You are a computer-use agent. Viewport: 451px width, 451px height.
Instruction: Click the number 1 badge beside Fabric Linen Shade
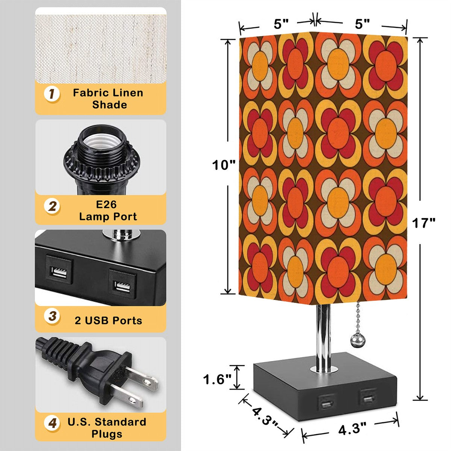pyautogui.click(x=52, y=94)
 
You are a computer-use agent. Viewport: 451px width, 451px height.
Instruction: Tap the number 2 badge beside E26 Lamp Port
pyautogui.click(x=52, y=206)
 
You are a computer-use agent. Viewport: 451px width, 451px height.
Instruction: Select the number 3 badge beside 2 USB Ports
pyautogui.click(x=52, y=316)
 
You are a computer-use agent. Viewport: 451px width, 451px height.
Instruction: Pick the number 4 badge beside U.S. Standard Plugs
pyautogui.click(x=52, y=423)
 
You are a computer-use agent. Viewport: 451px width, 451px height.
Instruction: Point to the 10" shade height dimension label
pyautogui.click(x=223, y=165)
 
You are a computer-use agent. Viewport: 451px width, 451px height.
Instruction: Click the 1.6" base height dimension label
pyautogui.click(x=217, y=379)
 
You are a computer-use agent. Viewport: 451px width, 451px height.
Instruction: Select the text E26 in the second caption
pyautogui.click(x=106, y=204)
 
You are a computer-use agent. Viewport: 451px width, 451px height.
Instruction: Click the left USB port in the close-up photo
pyautogui.click(x=59, y=273)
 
